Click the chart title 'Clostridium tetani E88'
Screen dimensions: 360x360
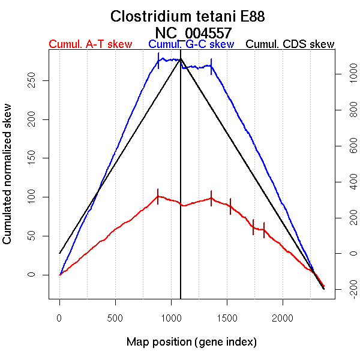click(188, 16)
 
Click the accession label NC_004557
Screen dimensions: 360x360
click(193, 32)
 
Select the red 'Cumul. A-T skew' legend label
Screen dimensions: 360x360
click(90, 44)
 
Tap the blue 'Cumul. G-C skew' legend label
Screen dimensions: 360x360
click(191, 44)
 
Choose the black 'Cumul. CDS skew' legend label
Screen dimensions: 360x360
click(290, 44)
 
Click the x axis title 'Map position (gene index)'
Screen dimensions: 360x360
click(191, 342)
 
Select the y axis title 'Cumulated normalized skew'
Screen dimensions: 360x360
click(8, 181)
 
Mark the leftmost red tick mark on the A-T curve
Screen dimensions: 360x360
click(158, 196)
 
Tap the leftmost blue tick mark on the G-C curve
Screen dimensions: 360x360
click(158, 61)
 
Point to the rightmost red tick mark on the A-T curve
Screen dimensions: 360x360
click(264, 230)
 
